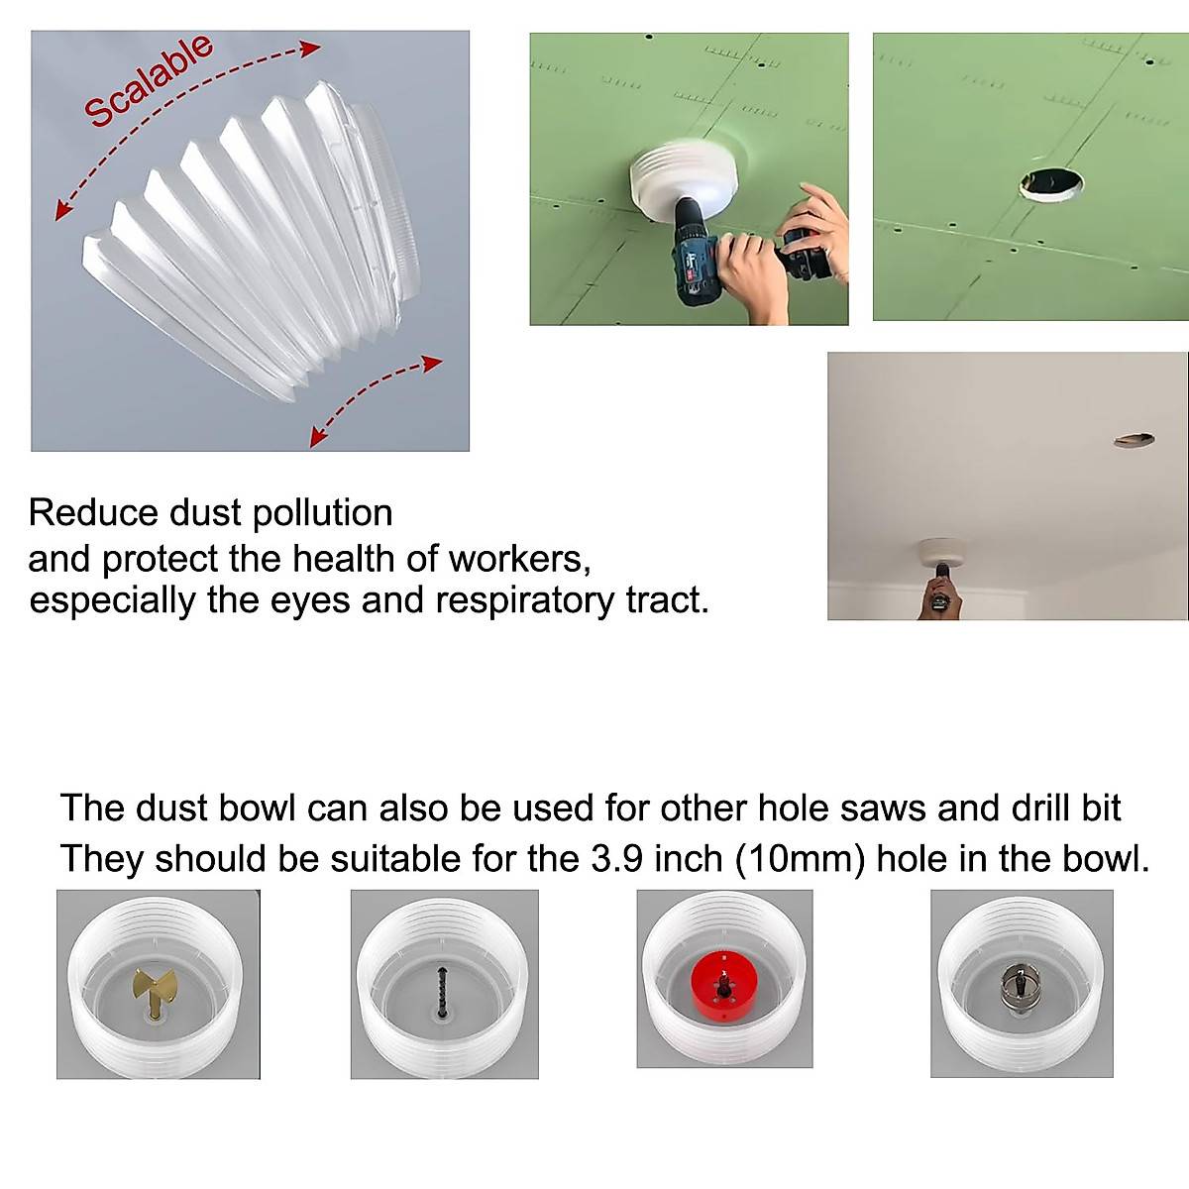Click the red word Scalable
(x=149, y=80)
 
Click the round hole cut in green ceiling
(x=1051, y=184)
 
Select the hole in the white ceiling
(x=1135, y=439)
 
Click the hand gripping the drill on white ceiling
(x=939, y=597)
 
